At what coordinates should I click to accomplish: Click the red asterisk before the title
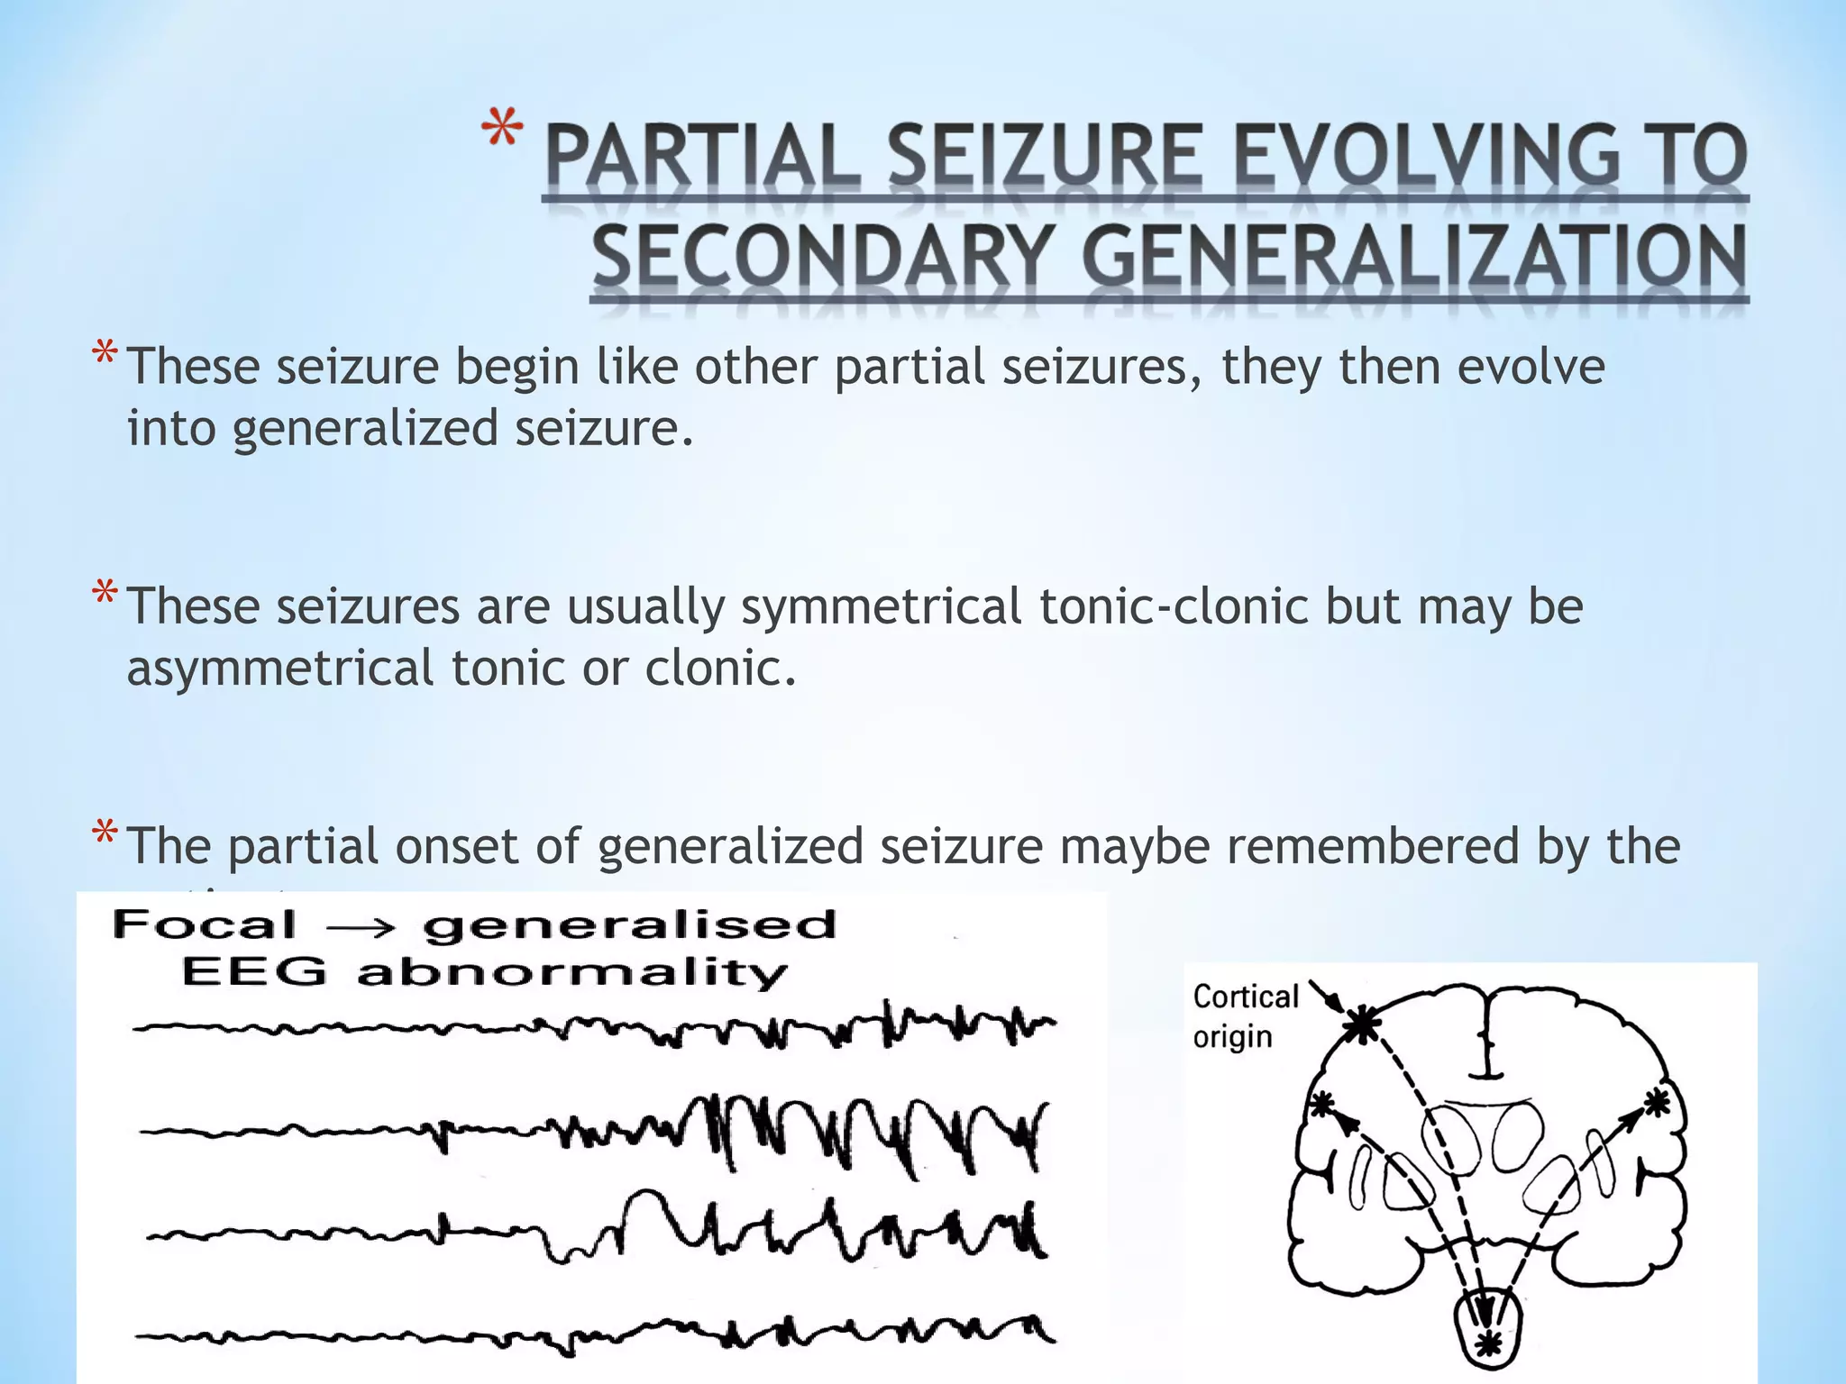pyautogui.click(x=501, y=131)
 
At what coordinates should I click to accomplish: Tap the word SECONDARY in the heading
pyautogui.click(x=821, y=257)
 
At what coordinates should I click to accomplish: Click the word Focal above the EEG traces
pyautogui.click(x=205, y=925)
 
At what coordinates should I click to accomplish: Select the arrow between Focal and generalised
pyautogui.click(x=359, y=927)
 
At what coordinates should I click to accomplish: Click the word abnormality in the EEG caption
pyautogui.click(x=571, y=973)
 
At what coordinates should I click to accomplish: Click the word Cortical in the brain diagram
pyautogui.click(x=1245, y=997)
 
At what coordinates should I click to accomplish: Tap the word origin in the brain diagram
pyautogui.click(x=1232, y=1037)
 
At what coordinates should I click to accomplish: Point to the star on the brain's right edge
pyautogui.click(x=1657, y=1102)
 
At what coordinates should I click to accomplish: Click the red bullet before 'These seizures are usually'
pyautogui.click(x=105, y=595)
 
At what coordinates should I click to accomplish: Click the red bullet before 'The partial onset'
pyautogui.click(x=105, y=834)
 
